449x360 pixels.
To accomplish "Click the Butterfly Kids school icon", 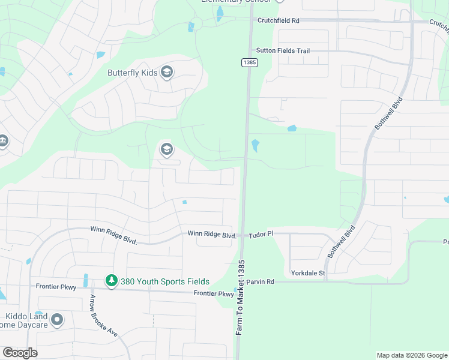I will click(x=166, y=73).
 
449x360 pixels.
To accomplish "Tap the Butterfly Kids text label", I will click(x=132, y=73).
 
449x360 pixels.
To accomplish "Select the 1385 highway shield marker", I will click(x=249, y=62).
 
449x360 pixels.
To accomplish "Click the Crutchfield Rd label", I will click(x=278, y=20).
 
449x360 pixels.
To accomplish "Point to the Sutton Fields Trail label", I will click(x=283, y=51).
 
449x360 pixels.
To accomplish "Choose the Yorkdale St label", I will click(x=308, y=273).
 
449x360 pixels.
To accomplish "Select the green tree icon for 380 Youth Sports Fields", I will click(x=111, y=280).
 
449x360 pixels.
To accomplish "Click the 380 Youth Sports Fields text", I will click(x=165, y=281).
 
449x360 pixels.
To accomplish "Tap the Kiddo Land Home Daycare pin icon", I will click(x=58, y=320).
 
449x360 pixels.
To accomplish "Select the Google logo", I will click(x=20, y=352).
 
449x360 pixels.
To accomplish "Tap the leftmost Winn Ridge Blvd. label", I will click(x=114, y=235).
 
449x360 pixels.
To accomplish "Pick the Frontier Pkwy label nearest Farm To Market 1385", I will click(x=213, y=293).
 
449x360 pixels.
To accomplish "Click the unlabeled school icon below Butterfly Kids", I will click(x=166, y=149).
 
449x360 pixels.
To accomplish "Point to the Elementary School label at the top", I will click(x=231, y=1).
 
